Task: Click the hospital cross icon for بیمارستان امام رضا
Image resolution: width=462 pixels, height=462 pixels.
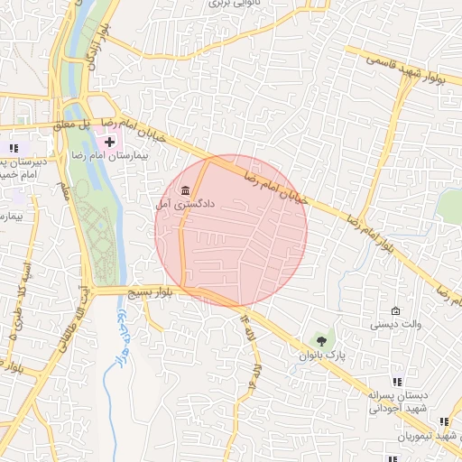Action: [x=111, y=143]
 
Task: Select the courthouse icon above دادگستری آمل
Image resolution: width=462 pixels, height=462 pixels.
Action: [x=186, y=191]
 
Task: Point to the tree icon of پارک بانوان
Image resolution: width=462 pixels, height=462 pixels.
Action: [x=321, y=340]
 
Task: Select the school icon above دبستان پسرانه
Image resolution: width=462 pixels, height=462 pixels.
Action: [x=398, y=383]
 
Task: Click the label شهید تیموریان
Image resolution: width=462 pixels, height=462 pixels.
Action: [x=430, y=437]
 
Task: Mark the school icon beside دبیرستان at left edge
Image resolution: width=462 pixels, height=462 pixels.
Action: [x=13, y=148]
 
